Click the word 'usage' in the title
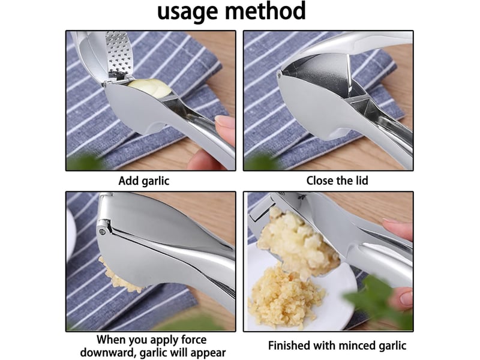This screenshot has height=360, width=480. pos(188,12)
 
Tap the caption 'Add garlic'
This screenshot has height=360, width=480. pos(143,181)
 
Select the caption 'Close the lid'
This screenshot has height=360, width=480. pos(337,181)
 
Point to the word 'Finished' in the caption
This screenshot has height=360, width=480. pos(289,346)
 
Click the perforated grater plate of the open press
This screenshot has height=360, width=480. pos(119,56)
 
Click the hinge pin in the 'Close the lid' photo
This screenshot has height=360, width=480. pos(279,74)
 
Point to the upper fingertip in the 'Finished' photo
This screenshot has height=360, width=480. pos(397,229)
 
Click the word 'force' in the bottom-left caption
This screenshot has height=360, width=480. pos(192,340)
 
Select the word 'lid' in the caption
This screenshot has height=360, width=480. pos(361,181)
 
